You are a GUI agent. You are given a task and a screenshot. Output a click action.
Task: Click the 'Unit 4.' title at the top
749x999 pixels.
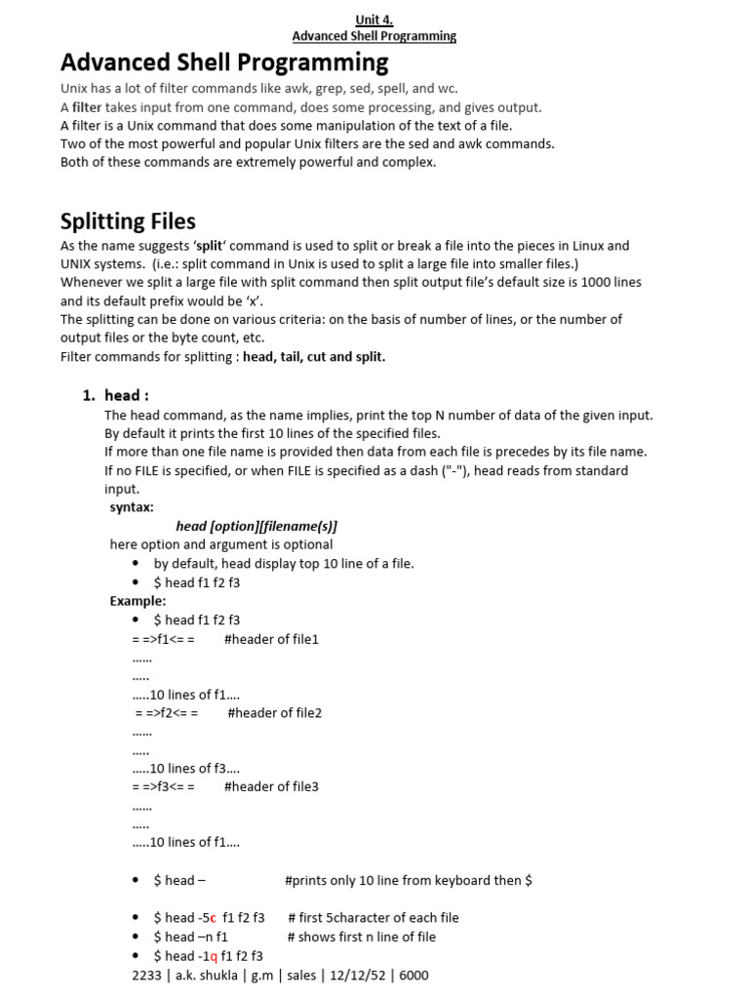(374, 19)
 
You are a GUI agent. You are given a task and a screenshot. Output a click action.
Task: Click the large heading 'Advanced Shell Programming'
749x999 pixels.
(224, 62)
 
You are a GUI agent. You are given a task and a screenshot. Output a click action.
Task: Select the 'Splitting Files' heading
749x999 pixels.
(128, 220)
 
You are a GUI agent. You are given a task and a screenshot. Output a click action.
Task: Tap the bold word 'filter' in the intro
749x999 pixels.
(87, 107)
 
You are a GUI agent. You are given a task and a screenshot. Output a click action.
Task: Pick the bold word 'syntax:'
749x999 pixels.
(132, 507)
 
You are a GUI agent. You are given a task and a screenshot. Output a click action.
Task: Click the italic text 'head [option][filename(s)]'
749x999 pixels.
(256, 526)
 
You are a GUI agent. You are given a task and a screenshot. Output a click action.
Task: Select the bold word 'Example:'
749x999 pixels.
(138, 600)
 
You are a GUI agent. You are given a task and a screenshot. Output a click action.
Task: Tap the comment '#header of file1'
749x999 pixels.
(271, 639)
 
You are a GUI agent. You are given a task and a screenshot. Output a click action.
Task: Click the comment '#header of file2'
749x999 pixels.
(274, 712)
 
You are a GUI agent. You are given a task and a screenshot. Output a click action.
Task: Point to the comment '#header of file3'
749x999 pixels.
(271, 786)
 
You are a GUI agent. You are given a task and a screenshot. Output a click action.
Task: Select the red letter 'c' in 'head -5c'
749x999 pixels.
(212, 917)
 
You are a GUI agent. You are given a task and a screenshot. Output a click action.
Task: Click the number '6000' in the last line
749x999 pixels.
(413, 975)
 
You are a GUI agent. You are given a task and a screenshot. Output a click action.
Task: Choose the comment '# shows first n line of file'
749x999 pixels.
(362, 937)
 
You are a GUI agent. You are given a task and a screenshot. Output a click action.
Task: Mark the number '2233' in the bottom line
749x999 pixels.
(146, 975)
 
